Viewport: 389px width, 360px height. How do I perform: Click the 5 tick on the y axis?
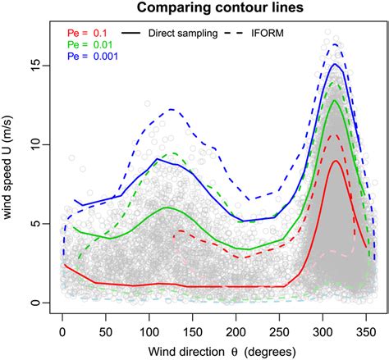(38, 223)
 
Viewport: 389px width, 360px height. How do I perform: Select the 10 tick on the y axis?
(38, 144)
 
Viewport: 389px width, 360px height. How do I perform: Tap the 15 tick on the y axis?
(38, 64)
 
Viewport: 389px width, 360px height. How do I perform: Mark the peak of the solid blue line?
(335, 63)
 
